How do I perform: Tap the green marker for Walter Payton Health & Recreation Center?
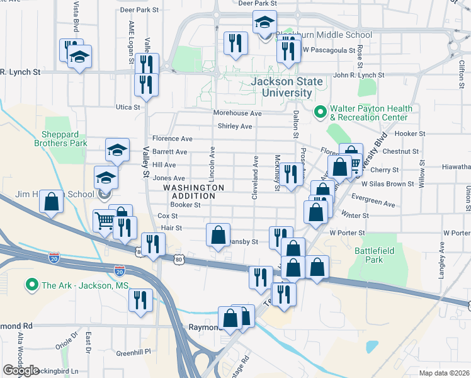320,113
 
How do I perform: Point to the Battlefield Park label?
369,255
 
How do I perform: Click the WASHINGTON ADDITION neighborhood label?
194,192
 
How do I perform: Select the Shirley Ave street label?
235,126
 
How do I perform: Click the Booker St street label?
185,204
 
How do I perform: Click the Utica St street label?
127,107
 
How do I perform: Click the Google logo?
21,370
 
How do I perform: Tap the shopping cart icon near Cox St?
105,220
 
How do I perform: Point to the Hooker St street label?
411,134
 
